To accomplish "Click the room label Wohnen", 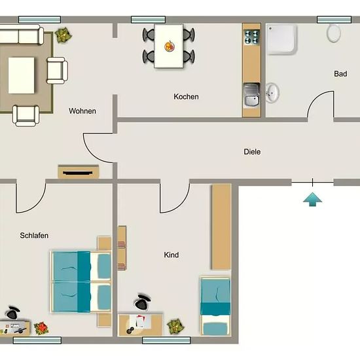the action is (82, 111).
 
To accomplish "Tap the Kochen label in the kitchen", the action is (186, 97).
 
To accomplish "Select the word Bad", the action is (340, 74).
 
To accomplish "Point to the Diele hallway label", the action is (252, 152).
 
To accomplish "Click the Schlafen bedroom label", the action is (34, 236).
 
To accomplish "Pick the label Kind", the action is (171, 255).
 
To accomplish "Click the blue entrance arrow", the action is (312, 199).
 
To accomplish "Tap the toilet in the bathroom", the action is (334, 33).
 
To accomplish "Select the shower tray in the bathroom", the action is (282, 40).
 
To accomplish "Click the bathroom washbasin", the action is (272, 92).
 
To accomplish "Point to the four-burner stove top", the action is (252, 37).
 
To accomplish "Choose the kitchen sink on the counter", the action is (251, 96).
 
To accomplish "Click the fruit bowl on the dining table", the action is (170, 46).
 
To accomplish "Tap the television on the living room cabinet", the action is (78, 173).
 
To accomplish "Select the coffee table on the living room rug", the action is (22, 75).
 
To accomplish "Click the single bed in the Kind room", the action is (215, 306).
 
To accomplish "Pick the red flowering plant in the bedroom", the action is (41, 329).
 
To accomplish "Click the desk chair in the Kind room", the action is (143, 301).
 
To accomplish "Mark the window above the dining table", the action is (148, 20).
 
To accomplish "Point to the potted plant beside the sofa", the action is (63, 35).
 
